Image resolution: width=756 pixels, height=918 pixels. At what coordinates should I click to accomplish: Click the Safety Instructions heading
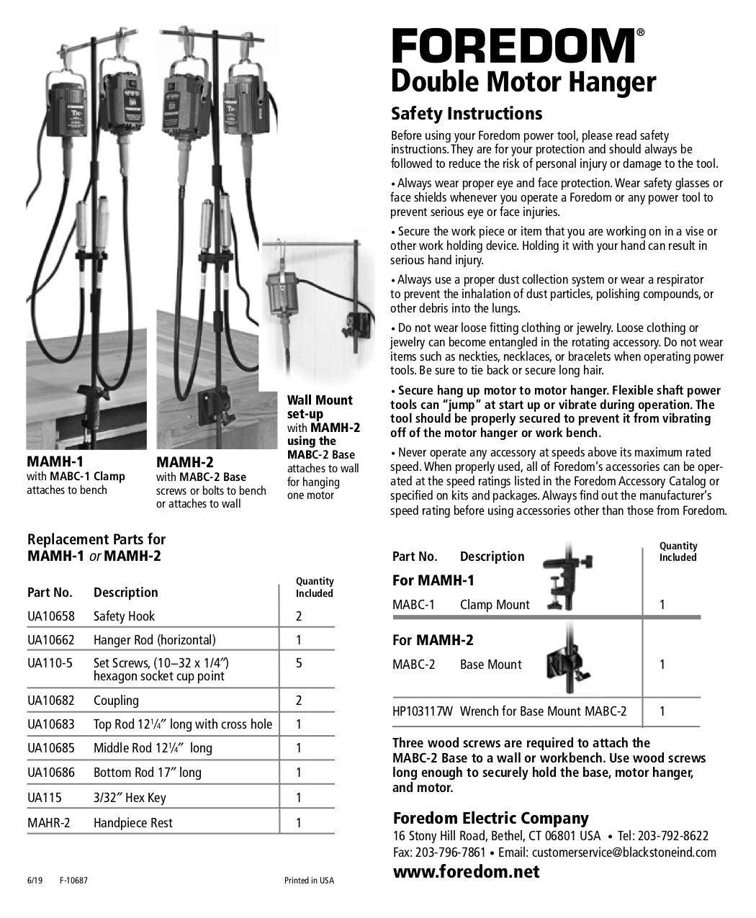coord(466,114)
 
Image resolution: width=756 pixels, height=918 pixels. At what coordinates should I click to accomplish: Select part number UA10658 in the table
coord(50,616)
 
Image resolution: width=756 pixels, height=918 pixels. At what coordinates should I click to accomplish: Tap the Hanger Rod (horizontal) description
coord(154,640)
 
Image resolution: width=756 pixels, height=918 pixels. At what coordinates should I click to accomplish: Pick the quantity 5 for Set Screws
coord(299,663)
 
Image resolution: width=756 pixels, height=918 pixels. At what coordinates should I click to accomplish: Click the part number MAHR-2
coord(48,823)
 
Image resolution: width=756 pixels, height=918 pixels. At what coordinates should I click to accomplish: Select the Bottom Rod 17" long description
coord(147,773)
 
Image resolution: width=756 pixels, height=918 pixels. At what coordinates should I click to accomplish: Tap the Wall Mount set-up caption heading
coord(320,407)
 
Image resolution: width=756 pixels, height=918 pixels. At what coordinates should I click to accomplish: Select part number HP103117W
coord(422,711)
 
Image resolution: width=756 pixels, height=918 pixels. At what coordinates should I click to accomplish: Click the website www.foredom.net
coord(466,872)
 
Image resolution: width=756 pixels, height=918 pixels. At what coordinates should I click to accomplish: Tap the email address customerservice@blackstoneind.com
coord(624,852)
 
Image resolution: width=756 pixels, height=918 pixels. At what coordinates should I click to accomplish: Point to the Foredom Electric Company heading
coord(490,818)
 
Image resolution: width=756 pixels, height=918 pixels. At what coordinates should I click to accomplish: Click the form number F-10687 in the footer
coord(73,881)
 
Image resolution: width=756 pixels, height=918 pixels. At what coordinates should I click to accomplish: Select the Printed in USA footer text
coord(309,881)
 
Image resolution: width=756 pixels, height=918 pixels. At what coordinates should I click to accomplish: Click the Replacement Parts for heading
coord(96,539)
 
